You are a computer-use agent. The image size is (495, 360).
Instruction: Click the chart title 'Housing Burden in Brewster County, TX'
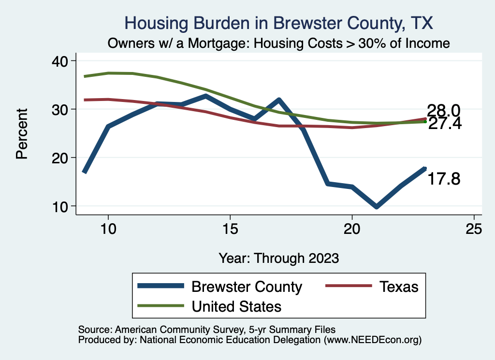tap(278, 23)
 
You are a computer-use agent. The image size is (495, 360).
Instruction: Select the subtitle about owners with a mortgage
tap(278, 43)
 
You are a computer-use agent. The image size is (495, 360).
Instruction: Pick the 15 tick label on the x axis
tap(230, 229)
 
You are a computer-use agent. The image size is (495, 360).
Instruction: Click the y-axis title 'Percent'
tap(22, 133)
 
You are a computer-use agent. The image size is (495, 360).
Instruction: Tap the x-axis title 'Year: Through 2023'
tap(278, 258)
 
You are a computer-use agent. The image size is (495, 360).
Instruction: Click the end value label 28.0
tap(443, 111)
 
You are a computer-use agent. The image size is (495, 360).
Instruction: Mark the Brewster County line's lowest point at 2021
tap(376, 206)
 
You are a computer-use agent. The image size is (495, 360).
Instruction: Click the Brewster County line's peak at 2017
tap(279, 100)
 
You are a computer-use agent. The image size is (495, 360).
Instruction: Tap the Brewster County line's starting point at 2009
tap(84, 172)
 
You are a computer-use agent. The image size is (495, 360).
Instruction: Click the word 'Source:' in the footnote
tap(94, 329)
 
